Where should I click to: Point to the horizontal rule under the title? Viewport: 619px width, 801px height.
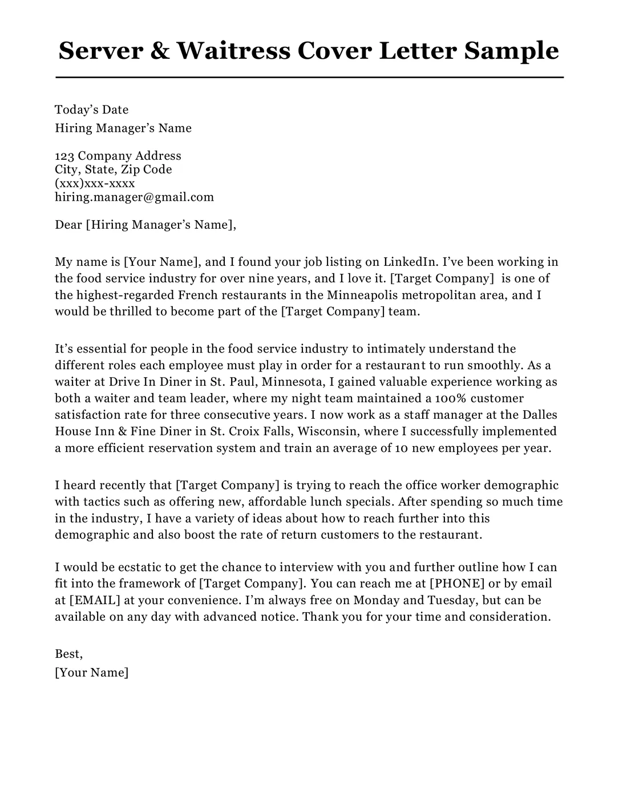click(309, 77)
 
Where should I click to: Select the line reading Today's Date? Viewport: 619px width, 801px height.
click(91, 110)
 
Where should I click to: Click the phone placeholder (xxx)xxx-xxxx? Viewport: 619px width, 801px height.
click(95, 183)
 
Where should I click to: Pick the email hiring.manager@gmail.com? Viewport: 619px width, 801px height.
click(134, 197)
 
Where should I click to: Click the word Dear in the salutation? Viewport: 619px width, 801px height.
click(68, 225)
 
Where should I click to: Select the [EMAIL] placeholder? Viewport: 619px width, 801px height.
click(95, 600)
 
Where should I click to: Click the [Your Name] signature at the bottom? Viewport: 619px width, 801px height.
click(91, 673)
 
